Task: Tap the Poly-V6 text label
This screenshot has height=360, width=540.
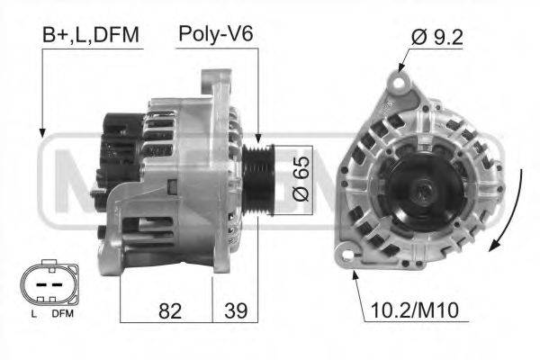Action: coord(215,35)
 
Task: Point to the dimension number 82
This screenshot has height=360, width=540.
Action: coord(169,311)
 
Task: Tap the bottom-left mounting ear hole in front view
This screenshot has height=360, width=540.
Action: coord(346,256)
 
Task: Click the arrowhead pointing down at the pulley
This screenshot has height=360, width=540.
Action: coord(258,135)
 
